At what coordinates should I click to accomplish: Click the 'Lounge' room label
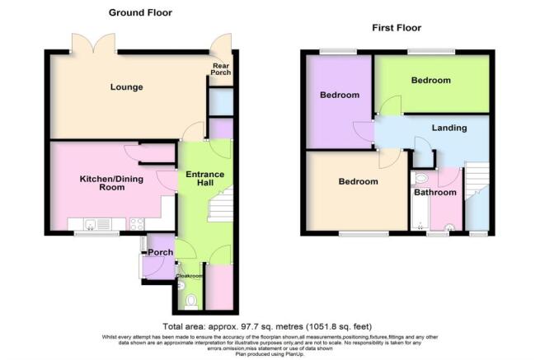128,86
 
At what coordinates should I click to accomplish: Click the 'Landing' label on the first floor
449,128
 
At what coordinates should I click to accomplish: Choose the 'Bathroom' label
434,193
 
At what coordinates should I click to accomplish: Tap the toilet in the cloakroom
190,301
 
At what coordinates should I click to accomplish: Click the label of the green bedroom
430,81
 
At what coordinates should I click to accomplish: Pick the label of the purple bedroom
340,96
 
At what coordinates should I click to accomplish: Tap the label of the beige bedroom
358,181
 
